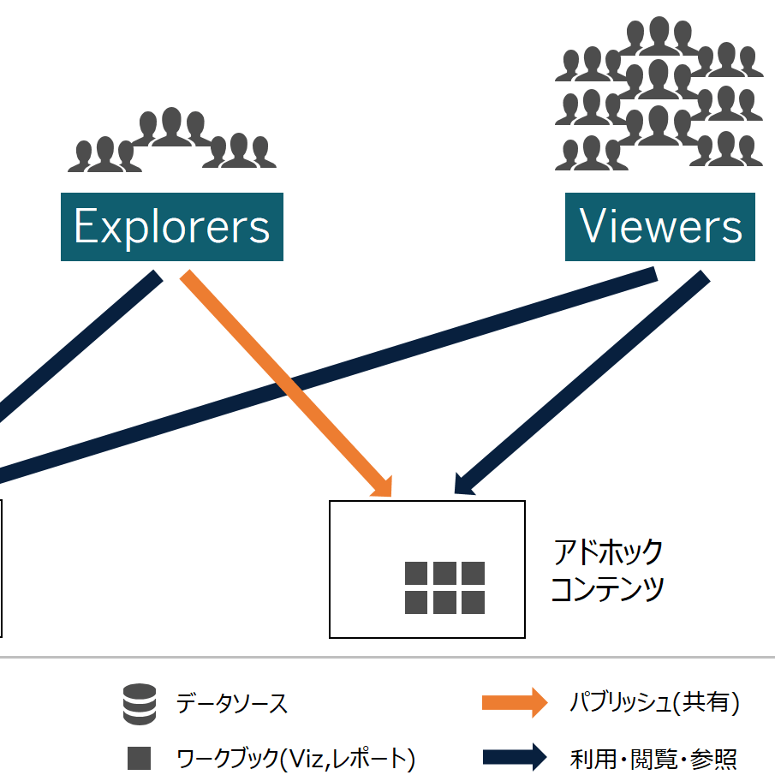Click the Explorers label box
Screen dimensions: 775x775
[171, 227]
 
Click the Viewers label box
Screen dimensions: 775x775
[659, 227]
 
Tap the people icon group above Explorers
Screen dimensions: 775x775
[172, 139]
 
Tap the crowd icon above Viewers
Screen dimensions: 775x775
[659, 94]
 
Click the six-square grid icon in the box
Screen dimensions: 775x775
[444, 587]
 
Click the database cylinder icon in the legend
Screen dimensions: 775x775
[140, 705]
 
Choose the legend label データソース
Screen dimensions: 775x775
[232, 705]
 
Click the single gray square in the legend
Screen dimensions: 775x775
[139, 758]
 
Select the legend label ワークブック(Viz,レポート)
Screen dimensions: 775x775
[295, 758]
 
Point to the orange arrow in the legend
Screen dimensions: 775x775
[514, 703]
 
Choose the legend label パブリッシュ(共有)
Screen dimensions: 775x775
[655, 703]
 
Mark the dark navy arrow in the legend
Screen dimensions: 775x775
[514, 757]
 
